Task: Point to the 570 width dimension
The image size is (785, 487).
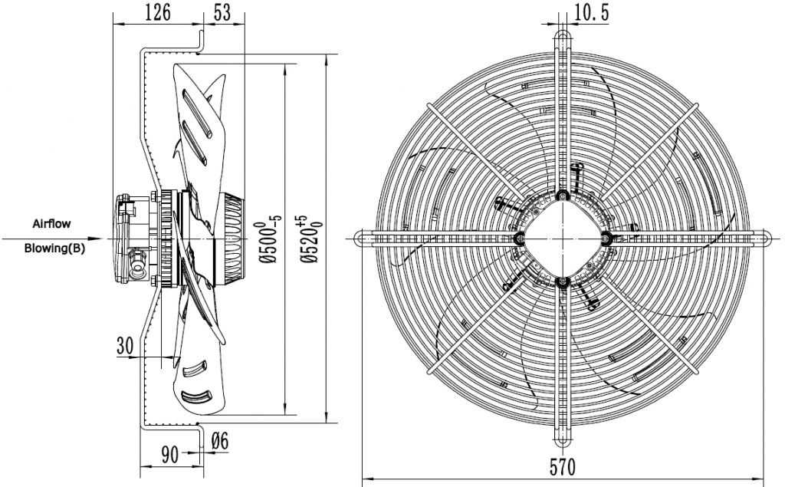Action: click(x=563, y=465)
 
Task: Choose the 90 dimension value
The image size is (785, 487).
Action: click(x=170, y=453)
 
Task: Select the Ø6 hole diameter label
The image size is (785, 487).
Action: click(x=220, y=440)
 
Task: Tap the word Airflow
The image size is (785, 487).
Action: click(x=51, y=224)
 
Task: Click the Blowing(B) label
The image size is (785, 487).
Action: click(x=54, y=248)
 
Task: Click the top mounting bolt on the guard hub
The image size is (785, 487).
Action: click(x=563, y=196)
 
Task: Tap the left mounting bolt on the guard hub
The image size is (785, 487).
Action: click(x=520, y=239)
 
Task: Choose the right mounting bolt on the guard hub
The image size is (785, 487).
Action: click(x=607, y=239)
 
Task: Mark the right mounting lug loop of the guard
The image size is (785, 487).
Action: click(x=764, y=239)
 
